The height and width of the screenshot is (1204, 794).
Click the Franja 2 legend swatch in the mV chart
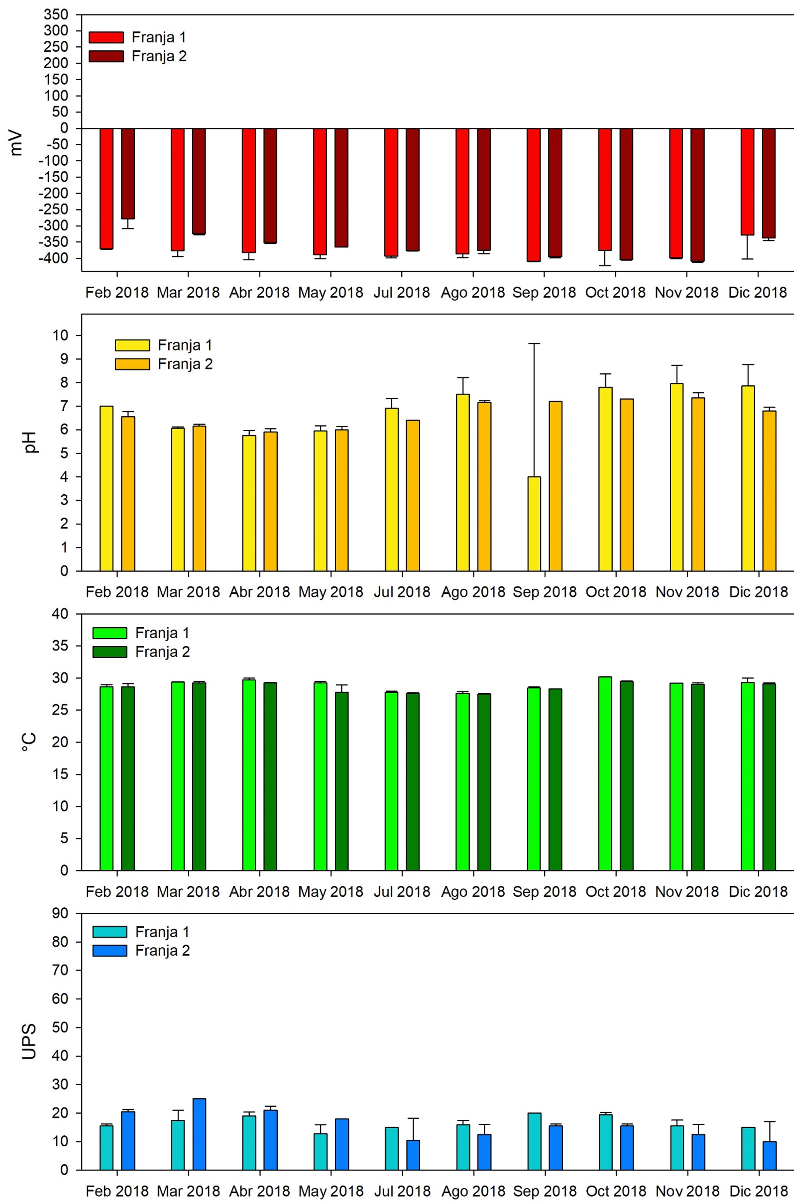tap(106, 56)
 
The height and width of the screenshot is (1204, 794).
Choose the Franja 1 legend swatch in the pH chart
tap(132, 345)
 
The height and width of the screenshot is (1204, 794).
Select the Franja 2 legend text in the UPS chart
tap(162, 950)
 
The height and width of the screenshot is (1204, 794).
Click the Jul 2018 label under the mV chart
tap(402, 293)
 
